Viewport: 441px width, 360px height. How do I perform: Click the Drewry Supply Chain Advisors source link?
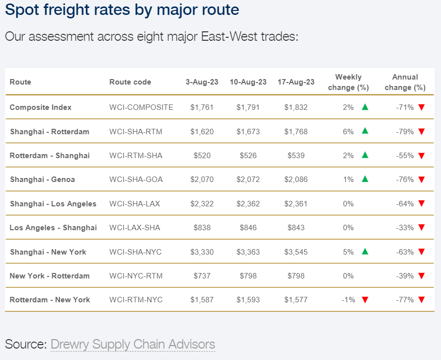tap(133, 344)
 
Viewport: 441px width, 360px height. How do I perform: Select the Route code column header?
tap(130, 82)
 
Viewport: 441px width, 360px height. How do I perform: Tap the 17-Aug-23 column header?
tap(296, 82)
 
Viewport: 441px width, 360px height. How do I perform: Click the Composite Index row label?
tap(41, 107)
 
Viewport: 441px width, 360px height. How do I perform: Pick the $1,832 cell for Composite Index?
tap(296, 107)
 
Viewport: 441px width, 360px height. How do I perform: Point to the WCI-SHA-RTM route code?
tap(136, 132)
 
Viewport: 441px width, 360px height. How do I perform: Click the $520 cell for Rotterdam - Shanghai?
tap(202, 156)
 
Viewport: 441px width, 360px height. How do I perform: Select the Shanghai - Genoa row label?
tap(42, 180)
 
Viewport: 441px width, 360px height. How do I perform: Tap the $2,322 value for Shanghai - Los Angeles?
tap(202, 204)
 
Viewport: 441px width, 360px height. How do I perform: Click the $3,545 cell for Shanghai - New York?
tap(296, 252)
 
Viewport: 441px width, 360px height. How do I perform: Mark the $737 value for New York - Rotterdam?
tap(202, 276)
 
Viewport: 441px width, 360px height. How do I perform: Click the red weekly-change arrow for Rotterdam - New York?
tap(365, 300)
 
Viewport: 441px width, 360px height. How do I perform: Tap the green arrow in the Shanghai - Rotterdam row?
tap(365, 131)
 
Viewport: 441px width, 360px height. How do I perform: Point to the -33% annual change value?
tap(405, 228)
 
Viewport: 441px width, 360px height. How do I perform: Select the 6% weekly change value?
tap(348, 132)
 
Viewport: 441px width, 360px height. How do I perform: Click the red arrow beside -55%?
tap(422, 156)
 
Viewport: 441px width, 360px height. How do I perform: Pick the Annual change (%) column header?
tap(405, 82)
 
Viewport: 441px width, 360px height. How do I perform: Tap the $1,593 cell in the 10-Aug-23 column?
tap(248, 300)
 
